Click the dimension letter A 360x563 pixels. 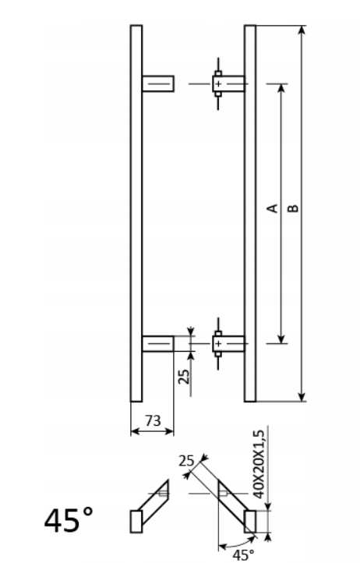[x=272, y=208]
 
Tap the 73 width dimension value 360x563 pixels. [x=152, y=420]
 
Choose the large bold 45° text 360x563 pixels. [x=69, y=520]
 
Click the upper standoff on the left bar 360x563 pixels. [x=159, y=83]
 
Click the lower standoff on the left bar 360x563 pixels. [x=159, y=342]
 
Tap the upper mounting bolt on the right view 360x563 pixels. [x=219, y=83]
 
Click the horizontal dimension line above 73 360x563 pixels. [x=152, y=430]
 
